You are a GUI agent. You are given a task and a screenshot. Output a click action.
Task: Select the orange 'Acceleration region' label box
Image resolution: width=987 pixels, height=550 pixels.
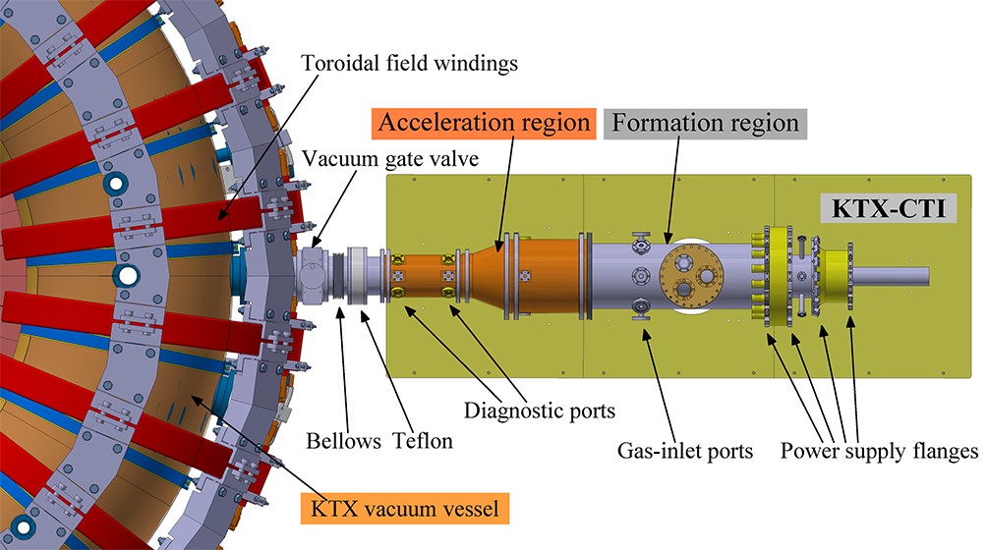pos(485,124)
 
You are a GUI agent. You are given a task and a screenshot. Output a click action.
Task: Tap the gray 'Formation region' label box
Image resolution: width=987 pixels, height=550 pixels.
pos(705,124)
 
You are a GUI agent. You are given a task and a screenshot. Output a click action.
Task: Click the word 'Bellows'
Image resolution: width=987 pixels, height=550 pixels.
pos(342,441)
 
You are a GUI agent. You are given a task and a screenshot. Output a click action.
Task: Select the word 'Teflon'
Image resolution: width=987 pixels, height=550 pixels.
pos(423,441)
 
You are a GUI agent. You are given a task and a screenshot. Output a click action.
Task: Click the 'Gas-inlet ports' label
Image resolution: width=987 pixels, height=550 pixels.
pos(684,451)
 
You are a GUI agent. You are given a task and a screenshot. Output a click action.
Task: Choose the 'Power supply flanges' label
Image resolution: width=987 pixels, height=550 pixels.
pos(879,451)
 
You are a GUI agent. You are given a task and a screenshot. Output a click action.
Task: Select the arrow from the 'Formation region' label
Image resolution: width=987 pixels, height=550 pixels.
pos(673,192)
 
